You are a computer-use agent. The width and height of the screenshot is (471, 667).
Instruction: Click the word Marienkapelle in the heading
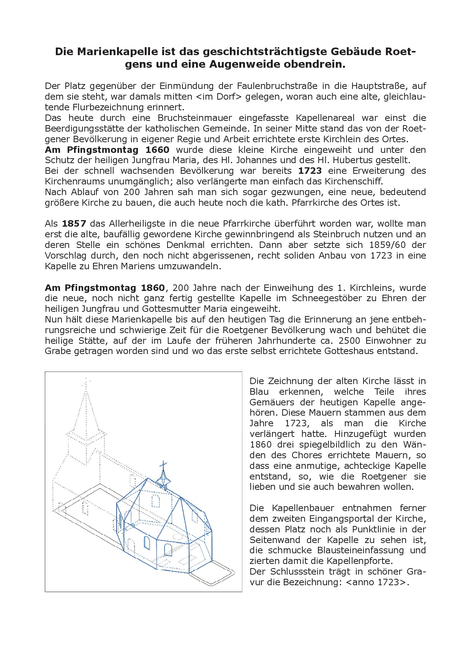(x=115, y=52)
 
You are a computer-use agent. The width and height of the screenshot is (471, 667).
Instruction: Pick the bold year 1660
(x=157, y=150)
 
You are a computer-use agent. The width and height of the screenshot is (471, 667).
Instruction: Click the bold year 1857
(x=74, y=224)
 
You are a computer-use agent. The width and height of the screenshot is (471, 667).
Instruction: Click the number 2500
(x=352, y=341)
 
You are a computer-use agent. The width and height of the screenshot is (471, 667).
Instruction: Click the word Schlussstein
(x=297, y=572)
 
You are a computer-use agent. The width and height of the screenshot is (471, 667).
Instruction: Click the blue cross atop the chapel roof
(x=163, y=465)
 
